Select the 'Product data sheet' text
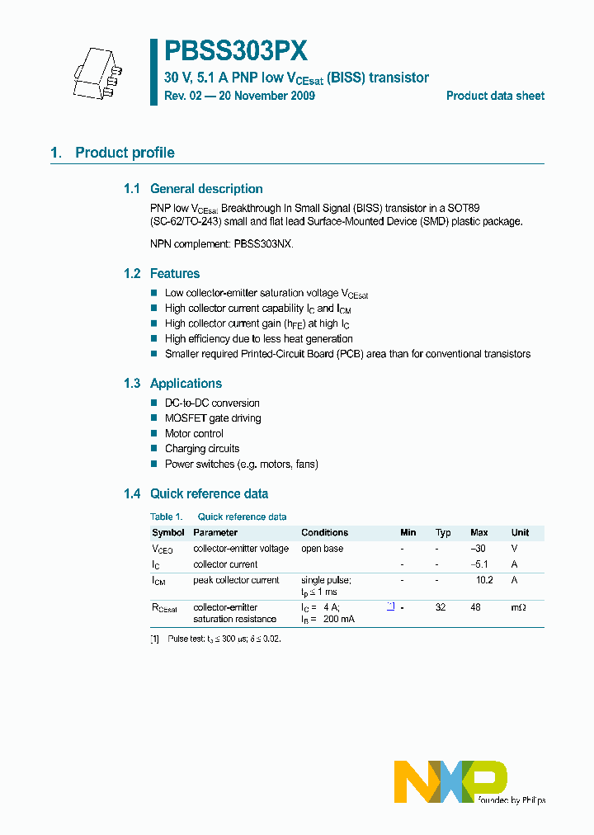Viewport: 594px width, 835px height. (x=495, y=96)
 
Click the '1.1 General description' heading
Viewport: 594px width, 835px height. (x=194, y=189)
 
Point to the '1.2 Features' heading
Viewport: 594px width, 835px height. (x=163, y=273)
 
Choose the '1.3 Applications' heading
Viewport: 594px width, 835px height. (x=173, y=383)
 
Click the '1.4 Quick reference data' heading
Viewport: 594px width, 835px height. (x=196, y=493)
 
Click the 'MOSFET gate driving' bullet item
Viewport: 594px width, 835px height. (x=213, y=418)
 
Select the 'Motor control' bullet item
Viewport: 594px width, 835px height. (x=194, y=433)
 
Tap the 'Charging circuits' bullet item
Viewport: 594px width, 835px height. (x=202, y=449)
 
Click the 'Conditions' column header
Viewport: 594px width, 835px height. (x=324, y=532)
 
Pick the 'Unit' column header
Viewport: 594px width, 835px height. (x=520, y=532)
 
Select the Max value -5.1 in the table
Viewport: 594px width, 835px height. (x=480, y=564)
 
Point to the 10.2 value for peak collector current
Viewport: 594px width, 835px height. (x=484, y=580)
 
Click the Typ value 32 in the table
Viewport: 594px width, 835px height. (x=441, y=607)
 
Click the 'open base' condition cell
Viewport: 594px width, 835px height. (x=322, y=549)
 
